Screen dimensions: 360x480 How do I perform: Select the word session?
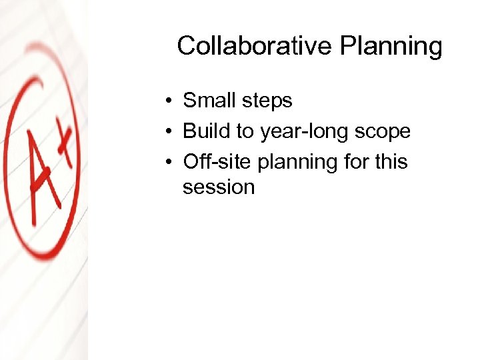tap(219, 187)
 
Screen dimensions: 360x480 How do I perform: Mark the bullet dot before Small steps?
tap(171, 101)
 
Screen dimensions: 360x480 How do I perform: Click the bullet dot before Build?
tap(171, 131)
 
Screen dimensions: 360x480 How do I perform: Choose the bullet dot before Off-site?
tap(171, 162)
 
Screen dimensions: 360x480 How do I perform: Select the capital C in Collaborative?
tap(187, 46)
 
